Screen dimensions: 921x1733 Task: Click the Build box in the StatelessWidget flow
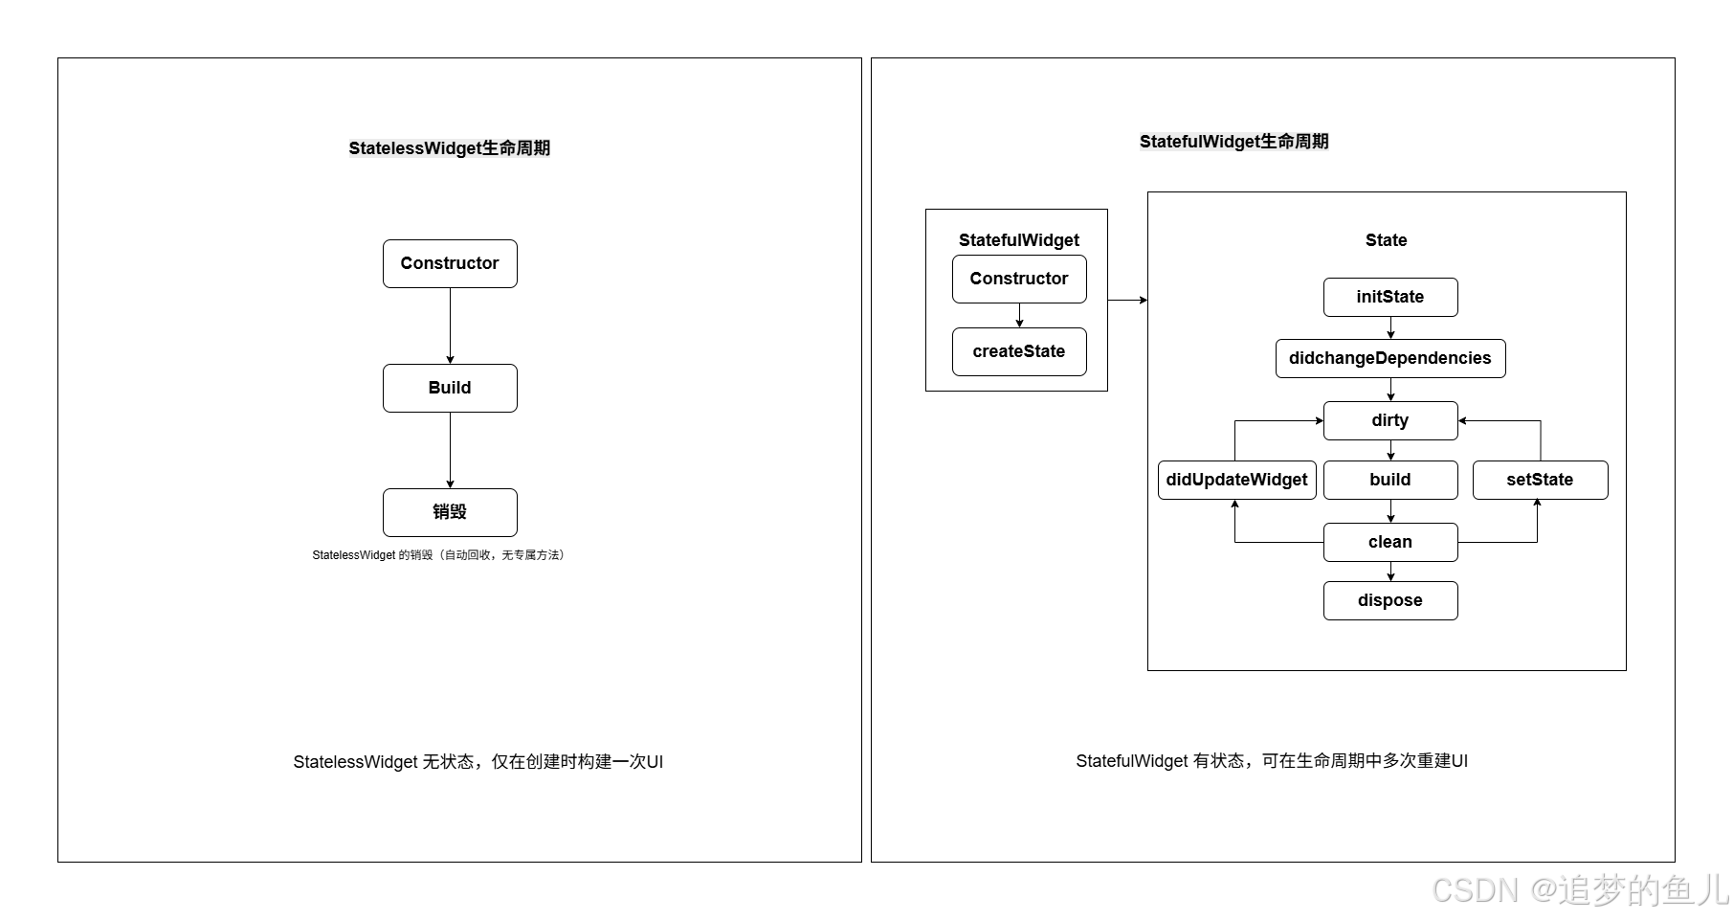coord(450,388)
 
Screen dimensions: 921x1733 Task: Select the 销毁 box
coord(450,512)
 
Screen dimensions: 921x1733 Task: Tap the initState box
coord(1390,297)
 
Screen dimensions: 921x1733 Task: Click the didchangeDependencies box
coord(1390,358)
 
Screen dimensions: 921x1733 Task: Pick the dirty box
coord(1390,420)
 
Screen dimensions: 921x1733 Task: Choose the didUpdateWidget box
coord(1236,480)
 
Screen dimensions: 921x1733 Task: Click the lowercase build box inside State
coord(1390,480)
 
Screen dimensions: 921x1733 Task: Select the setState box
coord(1540,480)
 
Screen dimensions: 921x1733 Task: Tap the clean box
coord(1390,542)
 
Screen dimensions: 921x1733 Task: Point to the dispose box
coord(1390,600)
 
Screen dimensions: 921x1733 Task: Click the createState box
coord(1019,351)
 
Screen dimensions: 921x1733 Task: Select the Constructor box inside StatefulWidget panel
coord(1019,279)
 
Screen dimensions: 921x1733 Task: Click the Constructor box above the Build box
coord(450,263)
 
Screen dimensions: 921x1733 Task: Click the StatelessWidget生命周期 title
coord(450,148)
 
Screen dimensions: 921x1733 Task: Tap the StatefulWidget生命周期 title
coord(1233,142)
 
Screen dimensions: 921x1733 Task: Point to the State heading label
coord(1386,240)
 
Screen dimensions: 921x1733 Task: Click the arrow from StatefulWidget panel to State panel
coord(1127,301)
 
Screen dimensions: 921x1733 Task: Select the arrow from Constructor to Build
coord(450,326)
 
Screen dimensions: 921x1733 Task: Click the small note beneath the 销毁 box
coord(438,555)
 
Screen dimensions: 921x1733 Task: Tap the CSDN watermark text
coord(1579,890)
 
